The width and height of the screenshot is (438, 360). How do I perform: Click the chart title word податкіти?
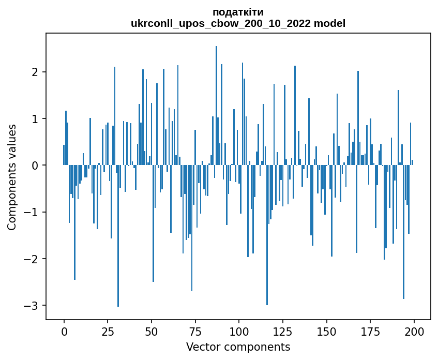(x=238, y=12)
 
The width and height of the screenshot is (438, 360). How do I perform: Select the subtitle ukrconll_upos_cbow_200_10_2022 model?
(x=238, y=23)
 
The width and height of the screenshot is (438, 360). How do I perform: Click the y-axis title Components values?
(x=12, y=177)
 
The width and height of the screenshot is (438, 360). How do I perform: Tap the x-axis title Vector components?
(x=238, y=347)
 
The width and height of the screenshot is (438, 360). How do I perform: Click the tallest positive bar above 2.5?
(x=216, y=103)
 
